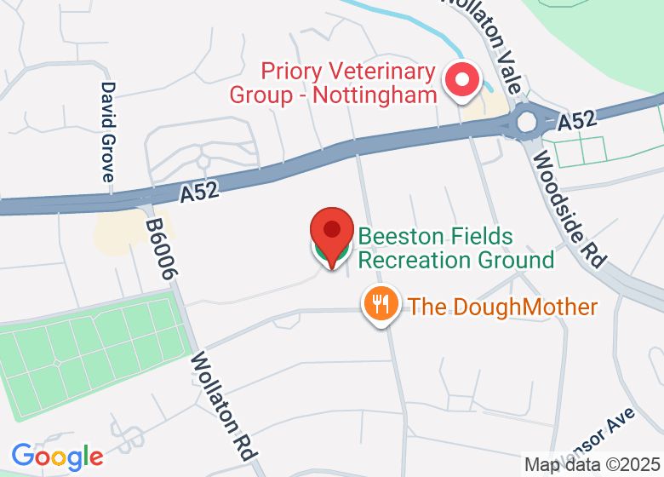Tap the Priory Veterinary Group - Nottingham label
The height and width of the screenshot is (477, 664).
(333, 83)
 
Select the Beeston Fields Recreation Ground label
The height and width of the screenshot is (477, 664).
(455, 247)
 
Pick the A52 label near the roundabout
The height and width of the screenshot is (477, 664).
(576, 123)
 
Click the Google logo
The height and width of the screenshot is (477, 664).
(57, 457)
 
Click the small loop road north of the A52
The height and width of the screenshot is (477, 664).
(203, 160)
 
